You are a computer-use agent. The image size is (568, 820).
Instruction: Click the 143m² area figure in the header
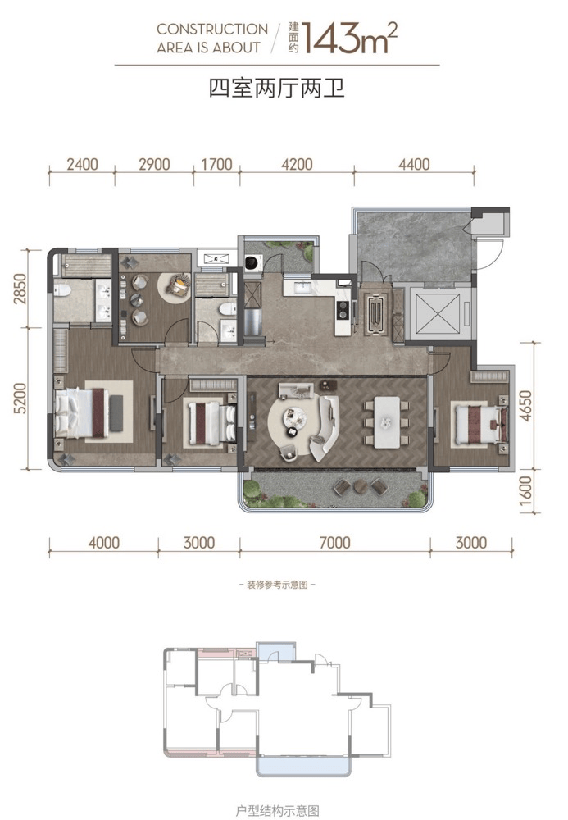[x=349, y=38]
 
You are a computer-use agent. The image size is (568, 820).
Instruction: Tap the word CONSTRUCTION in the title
[x=212, y=30]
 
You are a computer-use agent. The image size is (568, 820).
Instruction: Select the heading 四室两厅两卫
[x=276, y=88]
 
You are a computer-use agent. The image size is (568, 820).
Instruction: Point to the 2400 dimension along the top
[x=82, y=164]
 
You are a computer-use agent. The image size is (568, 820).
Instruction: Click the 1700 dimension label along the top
[x=216, y=164]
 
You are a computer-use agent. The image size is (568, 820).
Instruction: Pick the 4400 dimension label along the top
[x=414, y=164]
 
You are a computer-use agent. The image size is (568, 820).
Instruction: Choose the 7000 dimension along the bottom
[x=334, y=542]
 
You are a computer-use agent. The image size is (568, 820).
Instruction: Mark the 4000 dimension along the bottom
[x=103, y=542]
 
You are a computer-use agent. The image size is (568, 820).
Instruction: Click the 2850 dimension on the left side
[x=20, y=289]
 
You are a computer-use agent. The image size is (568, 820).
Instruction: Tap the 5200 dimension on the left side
[x=20, y=399]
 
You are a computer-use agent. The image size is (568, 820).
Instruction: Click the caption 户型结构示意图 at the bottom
[x=277, y=811]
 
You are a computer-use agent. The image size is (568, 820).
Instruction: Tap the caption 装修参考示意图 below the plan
[x=277, y=585]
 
